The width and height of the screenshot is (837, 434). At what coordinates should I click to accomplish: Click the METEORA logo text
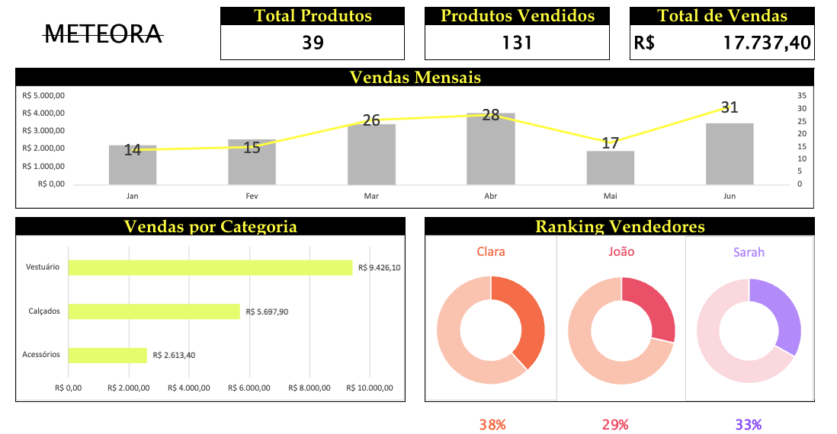(104, 34)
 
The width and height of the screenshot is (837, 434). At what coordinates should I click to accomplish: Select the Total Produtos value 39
(313, 43)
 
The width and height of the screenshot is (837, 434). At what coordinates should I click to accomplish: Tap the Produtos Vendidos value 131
(517, 43)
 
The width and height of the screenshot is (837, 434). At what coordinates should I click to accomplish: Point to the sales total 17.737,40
(766, 43)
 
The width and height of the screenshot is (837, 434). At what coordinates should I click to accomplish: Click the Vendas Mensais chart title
(415, 77)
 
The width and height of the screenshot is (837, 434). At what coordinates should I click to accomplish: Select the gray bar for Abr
(491, 149)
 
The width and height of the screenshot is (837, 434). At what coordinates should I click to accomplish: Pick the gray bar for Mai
(610, 168)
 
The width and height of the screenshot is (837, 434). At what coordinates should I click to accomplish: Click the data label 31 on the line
(730, 107)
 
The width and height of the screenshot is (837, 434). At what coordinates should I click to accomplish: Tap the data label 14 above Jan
(133, 150)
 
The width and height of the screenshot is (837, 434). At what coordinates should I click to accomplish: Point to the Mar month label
(371, 196)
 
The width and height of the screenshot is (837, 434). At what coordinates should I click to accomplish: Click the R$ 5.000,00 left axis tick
(44, 96)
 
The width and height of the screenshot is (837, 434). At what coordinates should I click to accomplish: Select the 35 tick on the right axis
(801, 96)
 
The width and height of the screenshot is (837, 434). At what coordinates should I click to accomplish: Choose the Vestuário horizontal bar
(210, 267)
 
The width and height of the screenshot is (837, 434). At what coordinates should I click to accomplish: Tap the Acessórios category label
(41, 355)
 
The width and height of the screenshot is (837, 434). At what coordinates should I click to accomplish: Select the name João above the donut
(621, 251)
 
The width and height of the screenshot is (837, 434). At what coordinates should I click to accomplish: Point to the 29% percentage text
(615, 425)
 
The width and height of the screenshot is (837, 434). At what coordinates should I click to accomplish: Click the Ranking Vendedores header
(620, 226)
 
